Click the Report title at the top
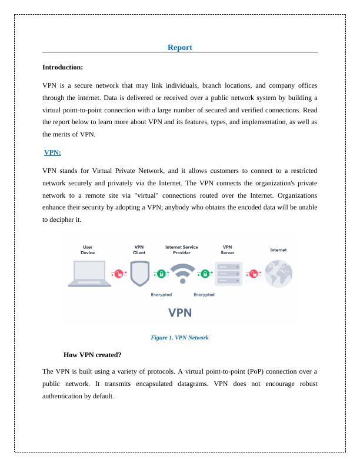coord(179,47)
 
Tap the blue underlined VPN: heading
coord(52,152)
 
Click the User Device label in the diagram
coord(88,249)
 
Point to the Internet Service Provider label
coord(182,249)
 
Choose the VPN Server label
coord(227,249)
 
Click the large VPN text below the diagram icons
coord(182,312)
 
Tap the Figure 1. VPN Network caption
coord(179,338)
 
